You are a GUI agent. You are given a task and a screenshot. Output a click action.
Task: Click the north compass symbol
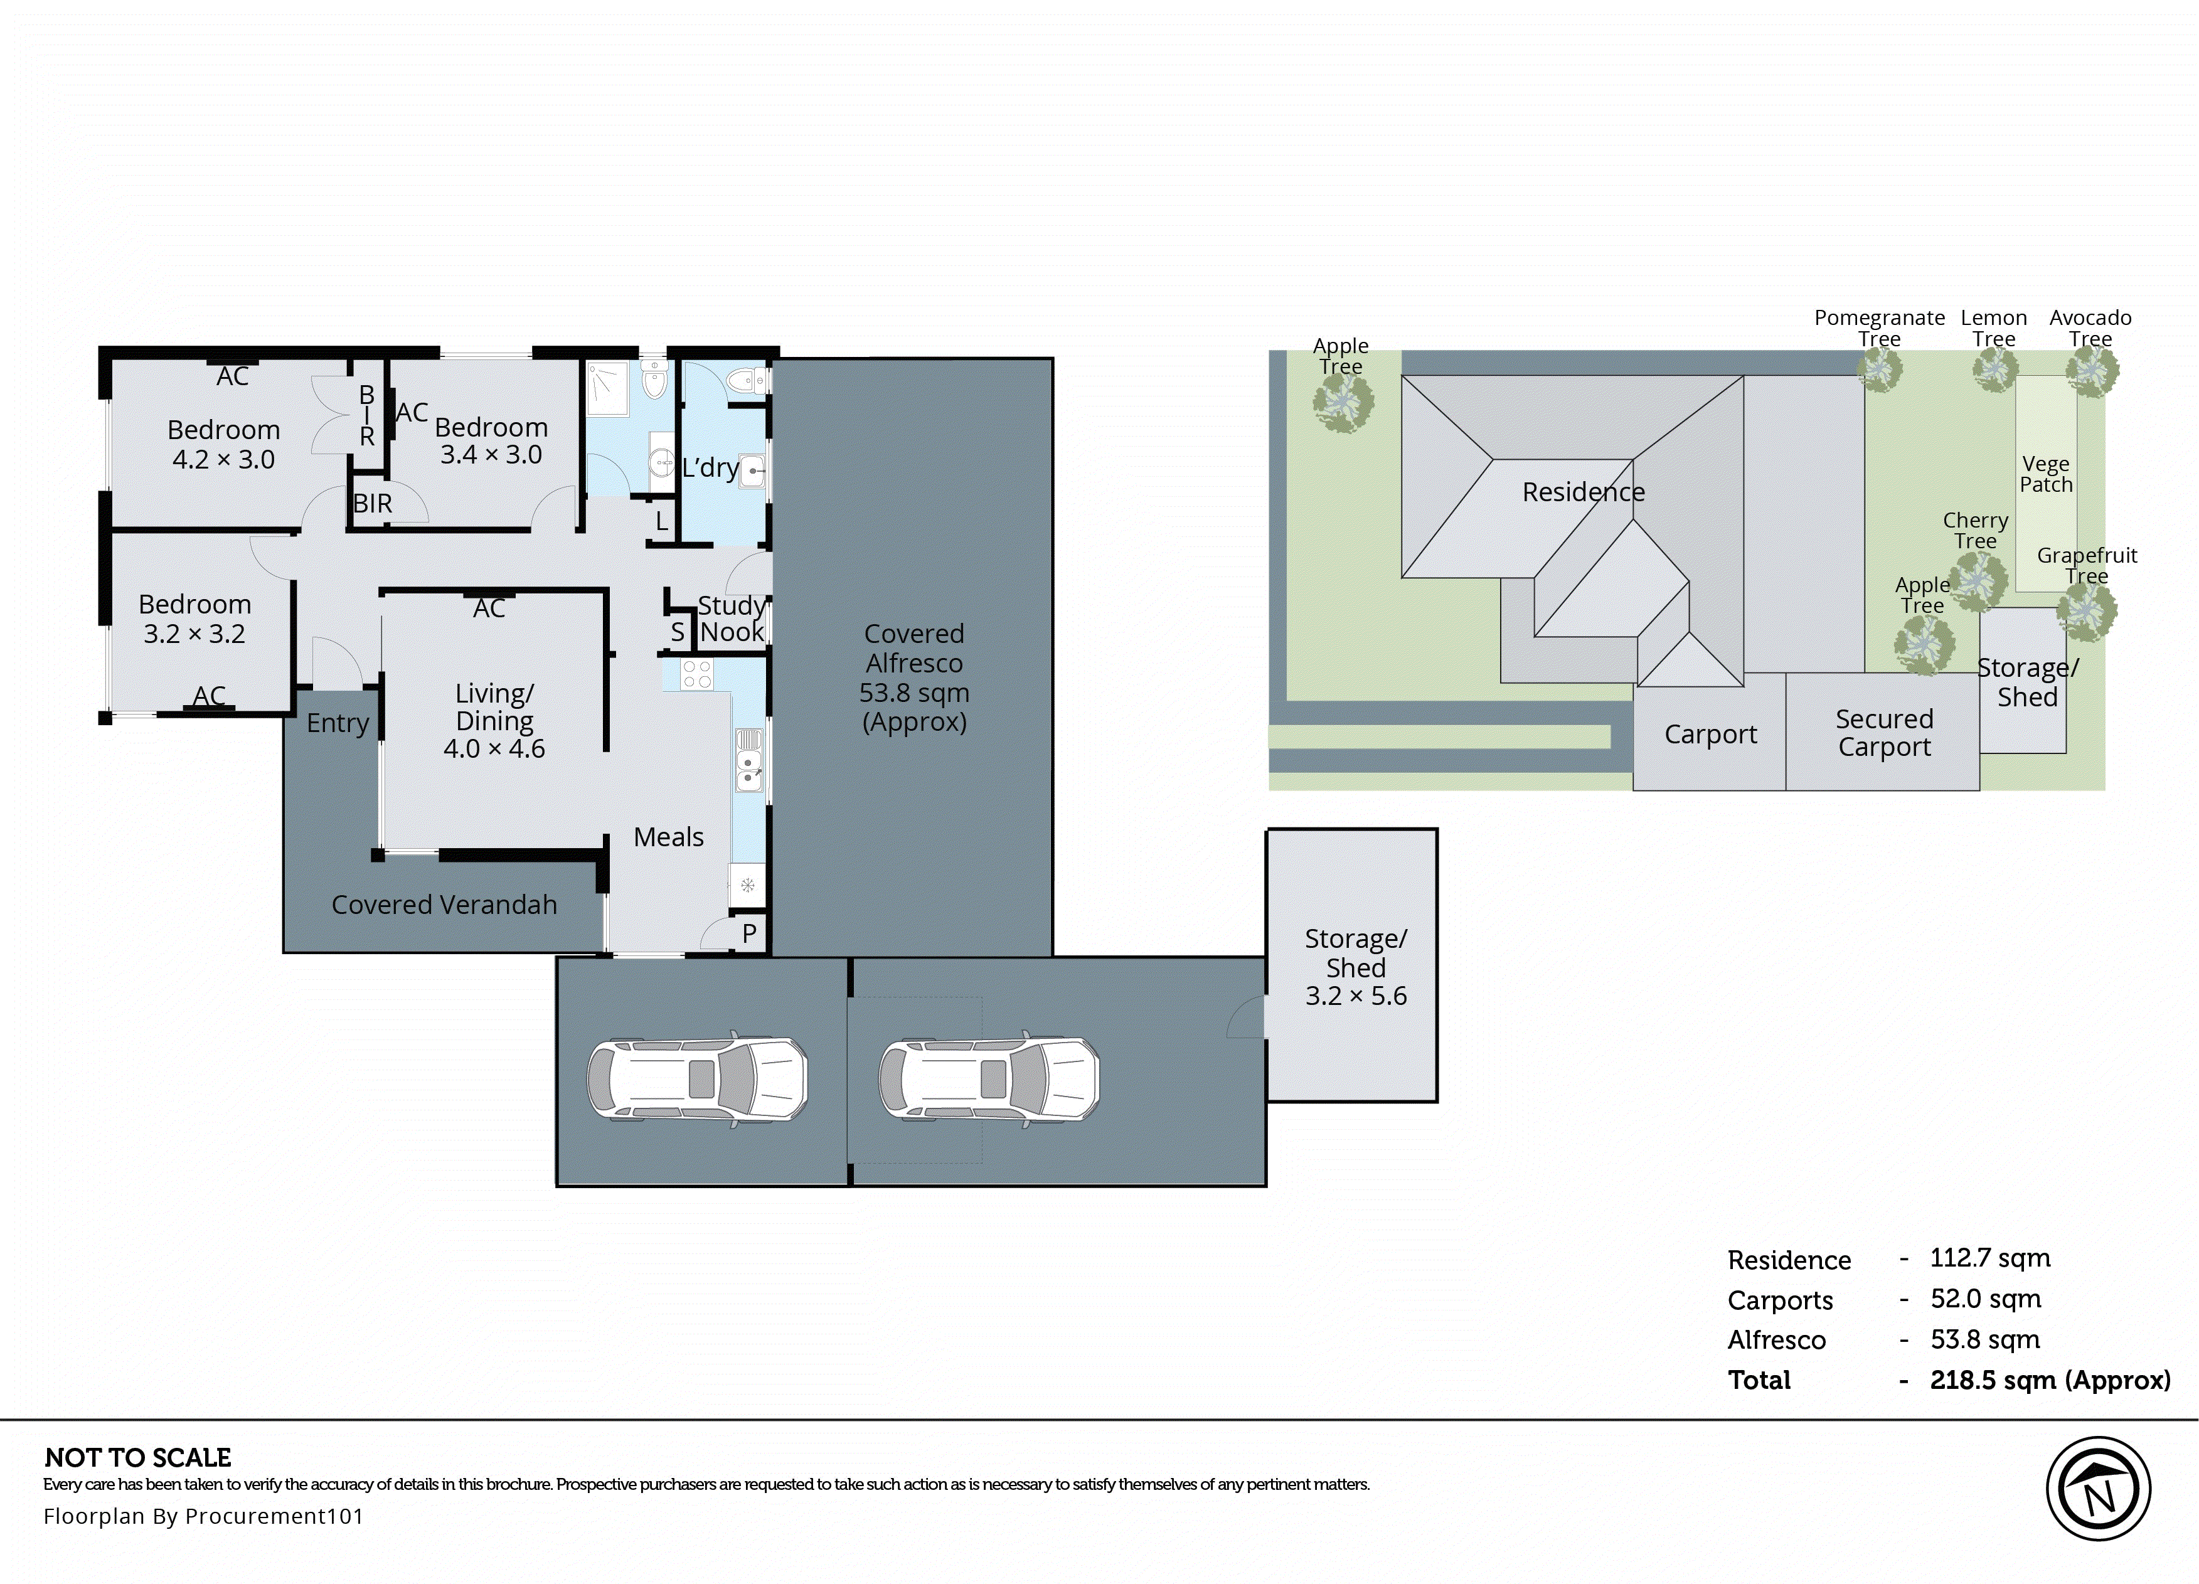pos(2097,1488)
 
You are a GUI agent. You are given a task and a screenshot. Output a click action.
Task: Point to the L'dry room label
pos(710,467)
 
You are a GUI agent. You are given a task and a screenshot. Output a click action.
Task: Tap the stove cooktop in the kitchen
pos(696,674)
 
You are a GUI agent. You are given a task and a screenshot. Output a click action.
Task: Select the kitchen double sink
pos(748,760)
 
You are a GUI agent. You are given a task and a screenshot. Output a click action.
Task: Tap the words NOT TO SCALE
pos(137,1457)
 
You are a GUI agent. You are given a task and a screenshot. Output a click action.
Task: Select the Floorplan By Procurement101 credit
pos(203,1516)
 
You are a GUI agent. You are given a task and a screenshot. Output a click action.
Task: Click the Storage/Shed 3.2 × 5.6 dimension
pos(1355,996)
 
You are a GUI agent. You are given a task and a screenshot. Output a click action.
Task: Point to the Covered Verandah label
pos(444,905)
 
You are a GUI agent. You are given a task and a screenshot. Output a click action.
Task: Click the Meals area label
pos(668,837)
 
